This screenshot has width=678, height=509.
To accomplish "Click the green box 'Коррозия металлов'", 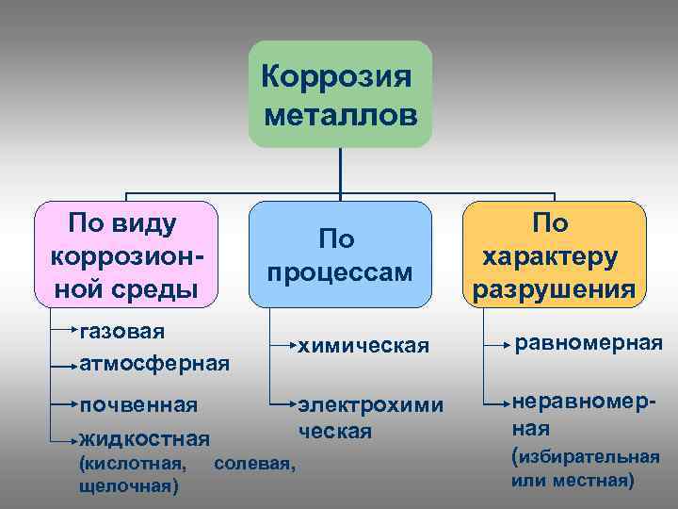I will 340,93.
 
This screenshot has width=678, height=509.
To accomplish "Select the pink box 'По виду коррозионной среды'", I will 125,254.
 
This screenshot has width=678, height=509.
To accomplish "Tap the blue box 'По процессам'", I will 340,254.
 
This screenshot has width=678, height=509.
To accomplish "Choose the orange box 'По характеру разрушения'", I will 555,254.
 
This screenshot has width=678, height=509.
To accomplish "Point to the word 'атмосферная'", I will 154,363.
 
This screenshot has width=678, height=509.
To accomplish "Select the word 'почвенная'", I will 138,405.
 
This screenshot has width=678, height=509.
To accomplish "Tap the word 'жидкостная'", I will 144,438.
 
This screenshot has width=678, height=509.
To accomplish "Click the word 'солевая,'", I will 255,464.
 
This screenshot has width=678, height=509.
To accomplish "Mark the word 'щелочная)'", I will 129,486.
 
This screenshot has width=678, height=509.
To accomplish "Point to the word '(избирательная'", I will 585,457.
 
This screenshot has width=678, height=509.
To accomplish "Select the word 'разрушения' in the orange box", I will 554,288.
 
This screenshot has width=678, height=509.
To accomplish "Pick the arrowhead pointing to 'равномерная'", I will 505,345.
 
